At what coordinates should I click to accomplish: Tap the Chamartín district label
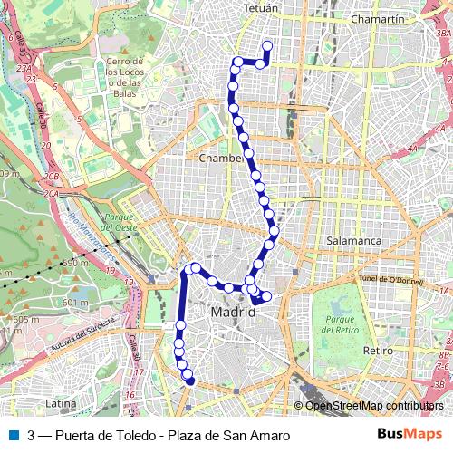click(x=376, y=18)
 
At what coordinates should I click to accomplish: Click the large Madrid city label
click(x=233, y=312)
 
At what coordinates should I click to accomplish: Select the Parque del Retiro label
click(x=340, y=325)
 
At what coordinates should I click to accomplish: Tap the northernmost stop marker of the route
click(x=266, y=46)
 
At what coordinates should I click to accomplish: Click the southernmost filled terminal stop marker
click(x=190, y=381)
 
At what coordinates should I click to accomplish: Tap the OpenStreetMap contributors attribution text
click(x=373, y=405)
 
